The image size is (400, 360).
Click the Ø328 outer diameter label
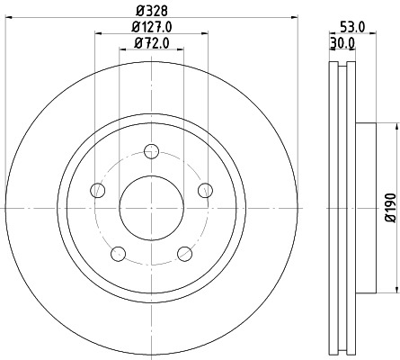pyautogui.click(x=151, y=12)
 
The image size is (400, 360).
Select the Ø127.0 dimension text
pyautogui.click(x=151, y=27)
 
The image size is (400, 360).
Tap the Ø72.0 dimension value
pyautogui.click(x=151, y=42)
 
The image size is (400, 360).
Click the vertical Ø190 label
pyautogui.click(x=390, y=206)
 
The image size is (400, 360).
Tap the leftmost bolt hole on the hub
pyautogui.click(x=98, y=189)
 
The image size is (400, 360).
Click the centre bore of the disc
pyautogui.click(x=151, y=207)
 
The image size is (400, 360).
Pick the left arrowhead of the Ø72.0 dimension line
pyautogui.click(x=121, y=51)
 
